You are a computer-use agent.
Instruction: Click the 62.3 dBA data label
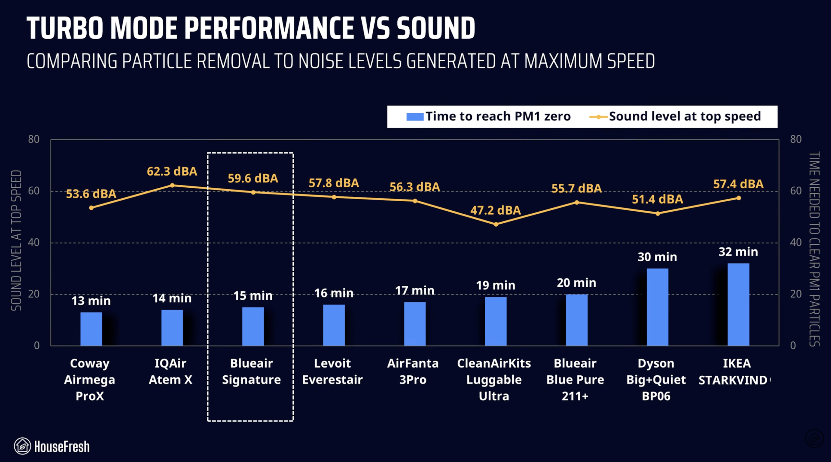(x=172, y=171)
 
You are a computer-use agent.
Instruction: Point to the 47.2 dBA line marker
(x=496, y=224)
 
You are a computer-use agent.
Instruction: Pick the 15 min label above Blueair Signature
(x=253, y=296)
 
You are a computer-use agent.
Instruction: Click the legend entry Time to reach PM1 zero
(x=488, y=117)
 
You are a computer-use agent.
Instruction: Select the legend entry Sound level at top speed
(x=675, y=117)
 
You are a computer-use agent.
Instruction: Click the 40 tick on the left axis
(x=34, y=243)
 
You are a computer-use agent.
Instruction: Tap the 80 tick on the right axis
(x=796, y=139)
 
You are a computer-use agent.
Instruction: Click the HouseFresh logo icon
(x=22, y=446)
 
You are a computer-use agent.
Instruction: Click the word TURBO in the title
(x=65, y=29)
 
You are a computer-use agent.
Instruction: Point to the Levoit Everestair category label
(x=332, y=371)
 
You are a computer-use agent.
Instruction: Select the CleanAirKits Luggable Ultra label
(x=494, y=380)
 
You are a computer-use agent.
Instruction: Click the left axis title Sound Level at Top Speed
(x=16, y=240)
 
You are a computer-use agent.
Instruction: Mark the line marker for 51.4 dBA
(x=658, y=214)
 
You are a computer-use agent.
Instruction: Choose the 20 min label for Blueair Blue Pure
(x=577, y=283)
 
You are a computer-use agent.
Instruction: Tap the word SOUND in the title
(x=436, y=29)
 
